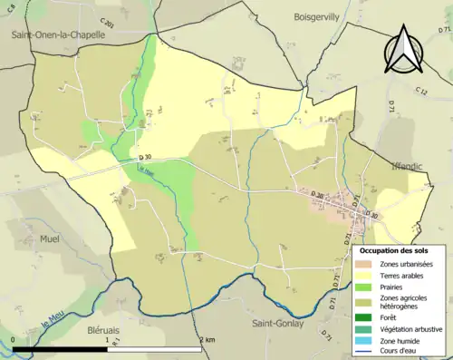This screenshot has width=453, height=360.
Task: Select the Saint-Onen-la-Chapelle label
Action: (x=58, y=34)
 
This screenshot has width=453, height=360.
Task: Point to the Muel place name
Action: (x=49, y=239)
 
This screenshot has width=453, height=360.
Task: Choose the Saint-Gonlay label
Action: (x=277, y=324)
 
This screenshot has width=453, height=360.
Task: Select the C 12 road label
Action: (x=422, y=91)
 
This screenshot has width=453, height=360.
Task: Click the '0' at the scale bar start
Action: (x=14, y=339)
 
